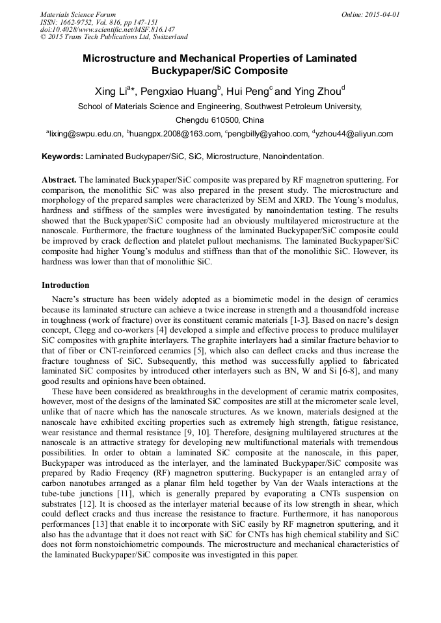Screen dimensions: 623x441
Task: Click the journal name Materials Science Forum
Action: tap(78, 14)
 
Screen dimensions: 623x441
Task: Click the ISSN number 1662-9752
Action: tap(79, 22)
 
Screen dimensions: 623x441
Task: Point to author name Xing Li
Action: tap(111, 91)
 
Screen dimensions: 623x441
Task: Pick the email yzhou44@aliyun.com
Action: tap(354, 134)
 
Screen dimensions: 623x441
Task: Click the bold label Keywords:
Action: tap(62, 157)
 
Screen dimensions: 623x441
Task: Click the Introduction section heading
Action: tap(65, 285)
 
